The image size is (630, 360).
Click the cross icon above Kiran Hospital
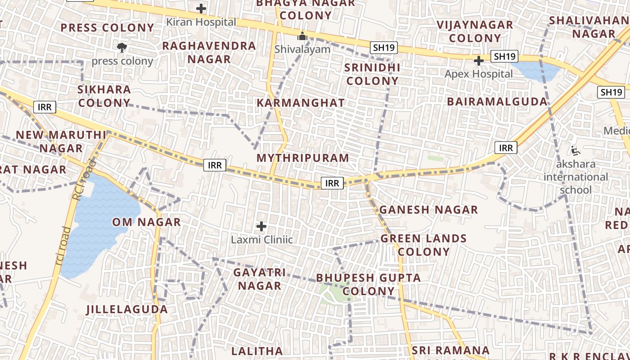pos(201,9)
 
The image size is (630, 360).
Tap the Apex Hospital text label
pos(478,74)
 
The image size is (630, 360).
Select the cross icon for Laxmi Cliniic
pos(261,226)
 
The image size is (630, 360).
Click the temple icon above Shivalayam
pos(302,36)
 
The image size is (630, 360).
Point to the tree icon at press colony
pos(121,47)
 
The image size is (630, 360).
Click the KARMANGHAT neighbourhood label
pos(301,103)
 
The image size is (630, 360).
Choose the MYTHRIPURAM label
pos(303,158)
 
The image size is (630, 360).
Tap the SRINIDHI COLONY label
pos(372,74)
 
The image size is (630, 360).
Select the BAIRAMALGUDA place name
pos(497,102)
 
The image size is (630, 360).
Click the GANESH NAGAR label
pos(428,210)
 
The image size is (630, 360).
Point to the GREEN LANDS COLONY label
pos(423,245)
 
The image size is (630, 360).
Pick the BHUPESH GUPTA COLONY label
pos(369,284)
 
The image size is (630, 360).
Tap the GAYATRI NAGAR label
pos(259,279)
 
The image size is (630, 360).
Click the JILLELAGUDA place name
pos(127,309)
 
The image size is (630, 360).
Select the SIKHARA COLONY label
pos(104,96)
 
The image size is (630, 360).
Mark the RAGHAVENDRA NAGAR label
pos(209,52)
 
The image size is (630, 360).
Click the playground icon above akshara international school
pos(575,150)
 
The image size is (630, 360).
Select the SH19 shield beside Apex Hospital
pos(504,56)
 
